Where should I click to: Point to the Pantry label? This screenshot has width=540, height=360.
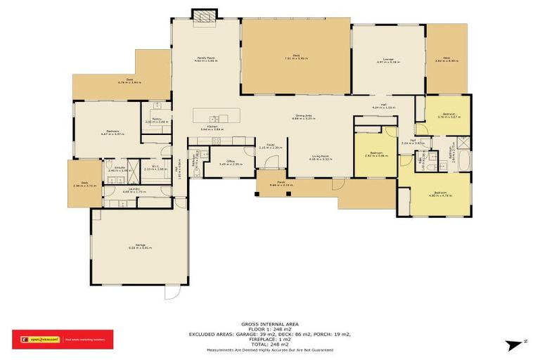(157, 120)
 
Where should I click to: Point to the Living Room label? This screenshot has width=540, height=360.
(320, 157)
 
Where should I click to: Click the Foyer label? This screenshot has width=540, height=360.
(270, 146)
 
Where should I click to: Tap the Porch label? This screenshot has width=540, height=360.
(281, 184)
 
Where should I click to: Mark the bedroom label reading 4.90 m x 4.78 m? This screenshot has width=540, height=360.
(439, 193)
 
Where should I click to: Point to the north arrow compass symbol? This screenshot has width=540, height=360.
(517, 343)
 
